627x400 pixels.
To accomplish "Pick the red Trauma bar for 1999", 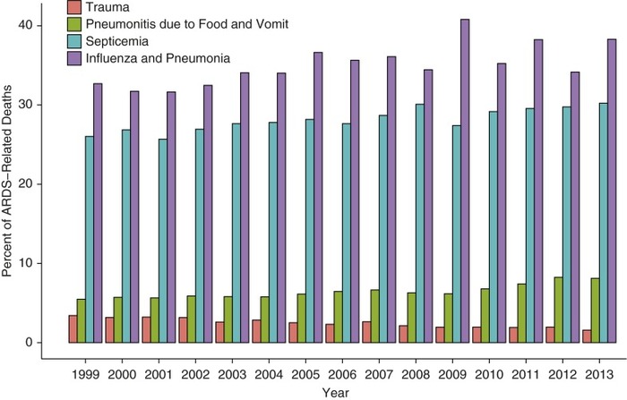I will click(73, 328).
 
